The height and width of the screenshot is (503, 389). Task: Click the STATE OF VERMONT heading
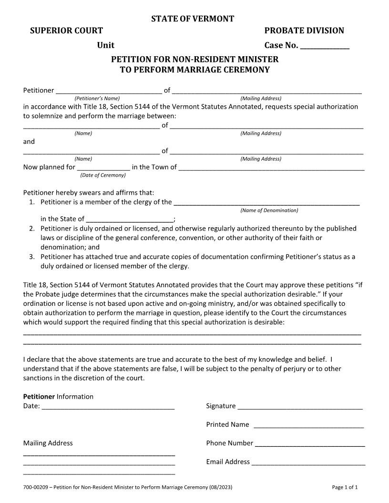point(193,19)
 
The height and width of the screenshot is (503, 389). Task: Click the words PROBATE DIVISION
point(304,31)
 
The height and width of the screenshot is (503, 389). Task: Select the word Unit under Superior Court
point(106,46)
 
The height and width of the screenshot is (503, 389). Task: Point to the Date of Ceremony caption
point(103,175)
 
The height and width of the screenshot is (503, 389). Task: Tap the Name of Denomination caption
point(269,210)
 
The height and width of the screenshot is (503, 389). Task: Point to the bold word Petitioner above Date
point(39,397)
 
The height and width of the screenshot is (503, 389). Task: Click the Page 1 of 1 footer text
point(345,487)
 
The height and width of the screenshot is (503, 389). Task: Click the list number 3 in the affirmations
point(31,257)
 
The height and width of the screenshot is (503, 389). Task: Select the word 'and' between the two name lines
point(29,141)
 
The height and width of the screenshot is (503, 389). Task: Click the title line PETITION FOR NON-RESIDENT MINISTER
point(194,60)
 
